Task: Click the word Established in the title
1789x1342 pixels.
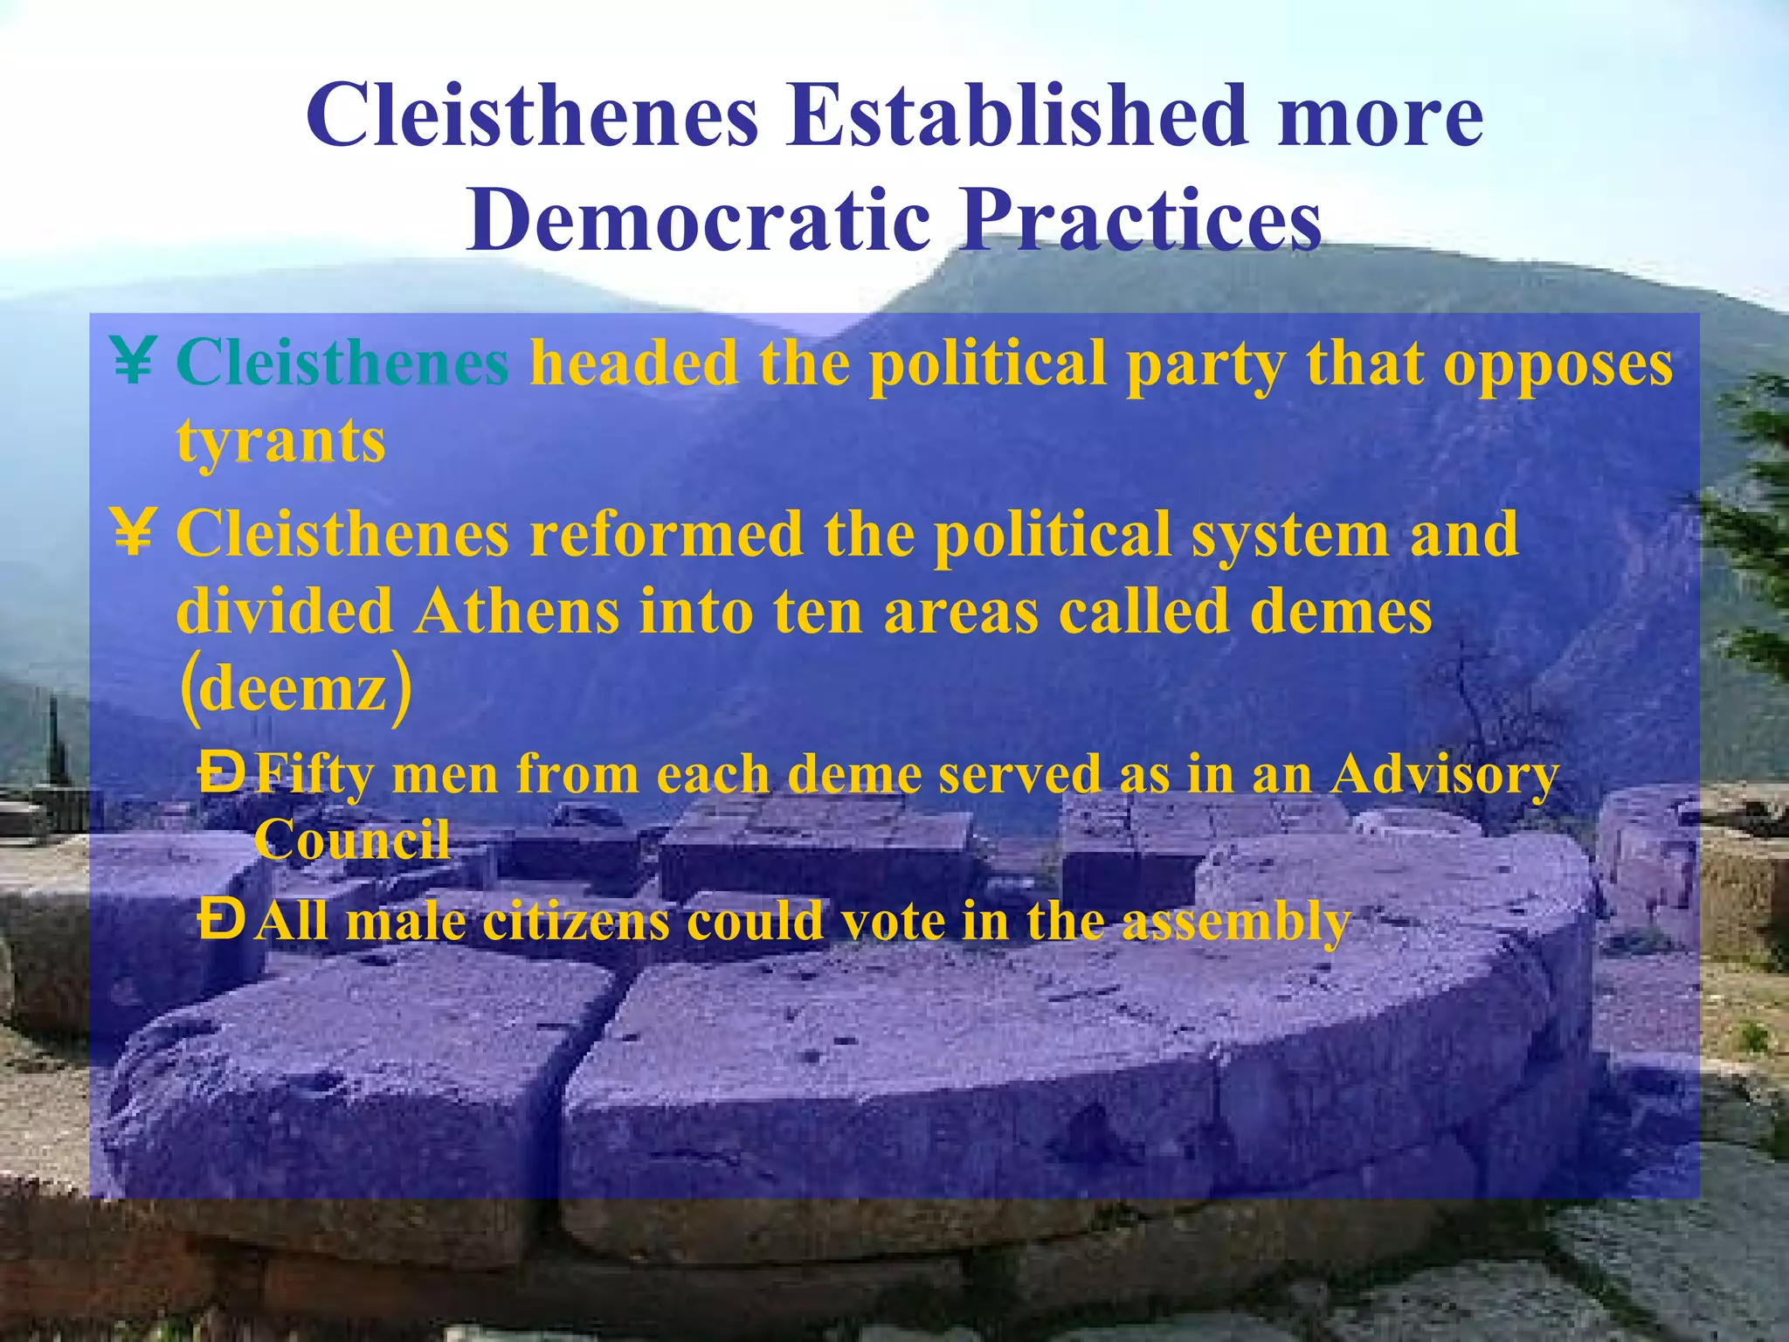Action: click(1017, 117)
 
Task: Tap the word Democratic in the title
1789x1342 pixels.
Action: click(699, 220)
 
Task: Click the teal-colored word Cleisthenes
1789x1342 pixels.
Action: click(342, 363)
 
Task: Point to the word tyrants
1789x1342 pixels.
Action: click(280, 442)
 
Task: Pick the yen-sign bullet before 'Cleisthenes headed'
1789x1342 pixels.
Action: click(133, 361)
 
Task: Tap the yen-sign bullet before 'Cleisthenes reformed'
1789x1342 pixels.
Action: click(133, 533)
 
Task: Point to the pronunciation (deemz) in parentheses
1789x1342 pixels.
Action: click(295, 689)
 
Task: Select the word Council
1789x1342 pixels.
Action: click(351, 840)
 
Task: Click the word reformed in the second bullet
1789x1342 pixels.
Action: click(667, 535)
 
